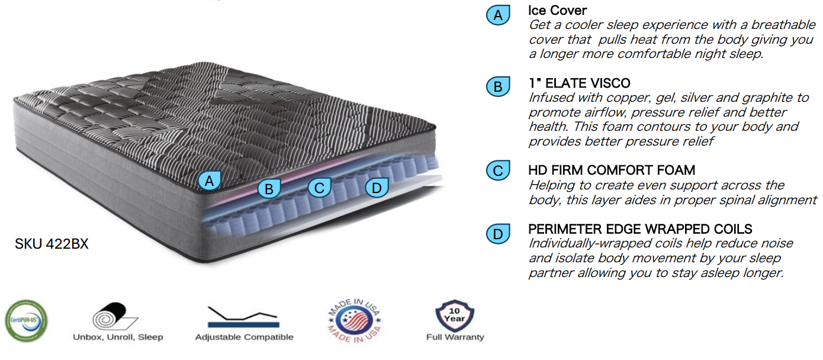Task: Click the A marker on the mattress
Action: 209,180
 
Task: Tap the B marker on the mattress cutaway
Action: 269,188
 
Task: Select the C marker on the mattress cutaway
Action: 319,188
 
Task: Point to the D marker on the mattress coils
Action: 376,188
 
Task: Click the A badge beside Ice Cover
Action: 498,15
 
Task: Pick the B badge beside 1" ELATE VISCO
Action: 498,87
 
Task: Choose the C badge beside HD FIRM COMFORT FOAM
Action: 498,171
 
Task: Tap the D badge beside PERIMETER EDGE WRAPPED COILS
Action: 498,234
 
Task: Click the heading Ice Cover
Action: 557,11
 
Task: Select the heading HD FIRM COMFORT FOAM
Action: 612,171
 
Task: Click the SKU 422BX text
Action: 52,243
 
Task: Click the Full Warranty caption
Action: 455,337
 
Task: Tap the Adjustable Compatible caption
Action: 244,337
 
